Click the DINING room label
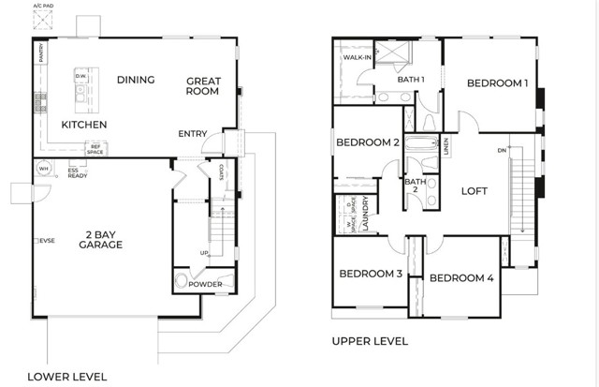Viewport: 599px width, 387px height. [x=136, y=80]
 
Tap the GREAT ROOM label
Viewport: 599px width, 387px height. [x=201, y=85]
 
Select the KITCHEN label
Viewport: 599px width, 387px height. [x=84, y=125]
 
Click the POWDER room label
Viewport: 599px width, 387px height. [x=205, y=284]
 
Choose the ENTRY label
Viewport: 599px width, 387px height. [x=192, y=134]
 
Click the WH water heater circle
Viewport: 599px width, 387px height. [x=42, y=170]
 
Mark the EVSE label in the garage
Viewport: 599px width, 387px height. [x=44, y=241]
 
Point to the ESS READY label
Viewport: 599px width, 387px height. [x=78, y=173]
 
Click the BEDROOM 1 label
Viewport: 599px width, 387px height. [x=498, y=83]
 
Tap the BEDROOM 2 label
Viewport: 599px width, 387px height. [x=368, y=142]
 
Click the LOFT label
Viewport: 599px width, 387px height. [x=475, y=191]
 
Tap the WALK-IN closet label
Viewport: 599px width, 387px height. [x=358, y=58]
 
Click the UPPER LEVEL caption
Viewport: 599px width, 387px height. [x=370, y=342]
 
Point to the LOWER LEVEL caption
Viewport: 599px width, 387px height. [x=67, y=376]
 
